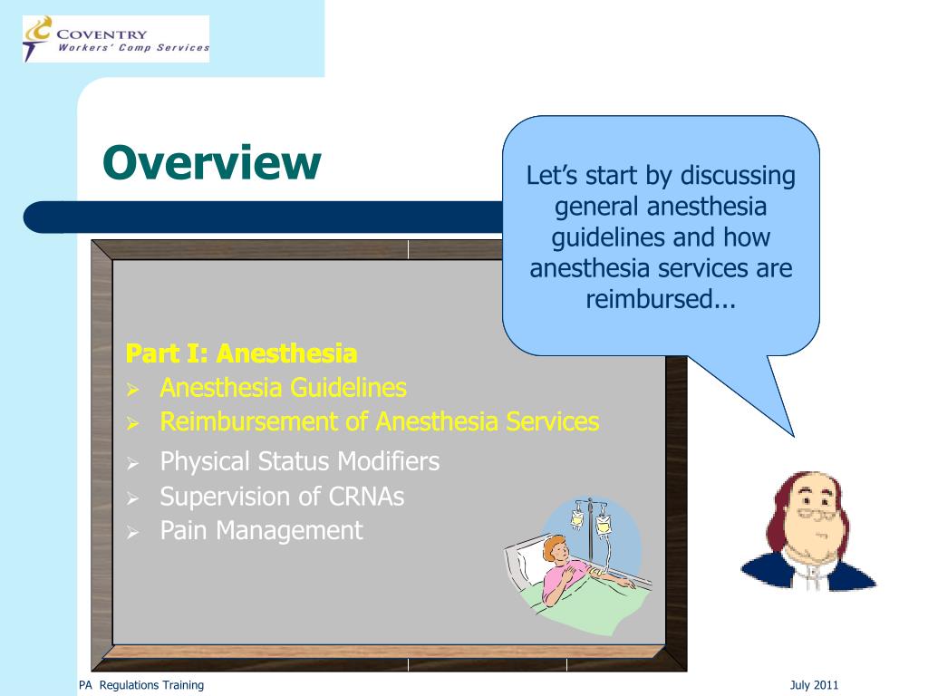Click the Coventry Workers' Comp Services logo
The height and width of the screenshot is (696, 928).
(116, 40)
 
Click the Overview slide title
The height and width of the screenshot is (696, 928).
(211, 163)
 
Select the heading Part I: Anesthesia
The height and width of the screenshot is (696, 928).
(241, 353)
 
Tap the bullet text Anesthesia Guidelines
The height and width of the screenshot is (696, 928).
(283, 388)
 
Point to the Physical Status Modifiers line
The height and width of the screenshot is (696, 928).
(299, 461)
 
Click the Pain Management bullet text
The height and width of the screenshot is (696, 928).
(261, 530)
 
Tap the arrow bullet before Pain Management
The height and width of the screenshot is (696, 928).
(132, 533)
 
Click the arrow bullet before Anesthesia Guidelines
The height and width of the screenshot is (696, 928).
(132, 391)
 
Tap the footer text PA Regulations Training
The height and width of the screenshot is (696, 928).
(140, 685)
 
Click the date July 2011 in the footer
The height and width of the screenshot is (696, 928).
(814, 685)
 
